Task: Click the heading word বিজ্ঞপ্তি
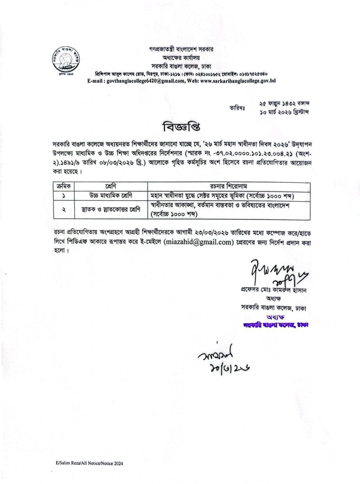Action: click(x=181, y=127)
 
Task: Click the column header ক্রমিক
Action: click(x=64, y=186)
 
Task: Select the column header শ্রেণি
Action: click(x=111, y=186)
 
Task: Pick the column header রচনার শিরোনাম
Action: click(x=228, y=186)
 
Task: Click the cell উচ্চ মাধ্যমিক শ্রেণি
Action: click(x=111, y=196)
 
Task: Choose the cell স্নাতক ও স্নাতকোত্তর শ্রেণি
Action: click(x=111, y=209)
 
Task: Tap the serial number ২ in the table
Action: click(x=64, y=209)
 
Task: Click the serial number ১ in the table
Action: click(x=64, y=196)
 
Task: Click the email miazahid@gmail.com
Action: click(x=198, y=242)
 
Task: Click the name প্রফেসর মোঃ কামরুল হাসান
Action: click(x=273, y=291)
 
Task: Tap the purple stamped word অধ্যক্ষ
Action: click(x=275, y=317)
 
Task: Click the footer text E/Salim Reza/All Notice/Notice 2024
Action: click(x=89, y=463)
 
